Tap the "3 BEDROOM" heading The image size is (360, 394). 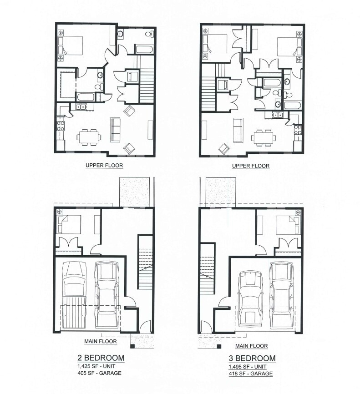tap(252, 358)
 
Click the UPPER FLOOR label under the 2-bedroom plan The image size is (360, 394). tap(104, 166)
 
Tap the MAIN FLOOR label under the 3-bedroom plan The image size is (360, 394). tap(252, 346)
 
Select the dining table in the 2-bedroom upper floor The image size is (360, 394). tap(88, 136)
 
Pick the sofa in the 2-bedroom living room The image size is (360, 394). tap(116, 129)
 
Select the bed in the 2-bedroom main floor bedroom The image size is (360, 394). tap(69, 224)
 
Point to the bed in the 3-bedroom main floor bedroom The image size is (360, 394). tap(288, 224)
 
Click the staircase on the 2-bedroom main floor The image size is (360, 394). tap(145, 264)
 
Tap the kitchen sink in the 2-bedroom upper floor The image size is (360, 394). tap(81, 107)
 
